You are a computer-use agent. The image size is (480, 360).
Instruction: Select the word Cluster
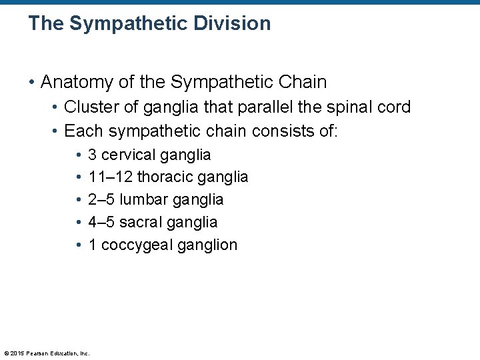tap(90, 107)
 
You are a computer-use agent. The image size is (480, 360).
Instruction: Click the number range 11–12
tap(110, 177)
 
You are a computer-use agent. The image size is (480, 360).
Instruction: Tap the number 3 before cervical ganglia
tap(93, 155)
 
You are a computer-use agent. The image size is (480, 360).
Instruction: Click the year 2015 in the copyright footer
tap(17, 353)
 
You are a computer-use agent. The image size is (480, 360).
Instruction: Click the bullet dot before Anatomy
tap(32, 83)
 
